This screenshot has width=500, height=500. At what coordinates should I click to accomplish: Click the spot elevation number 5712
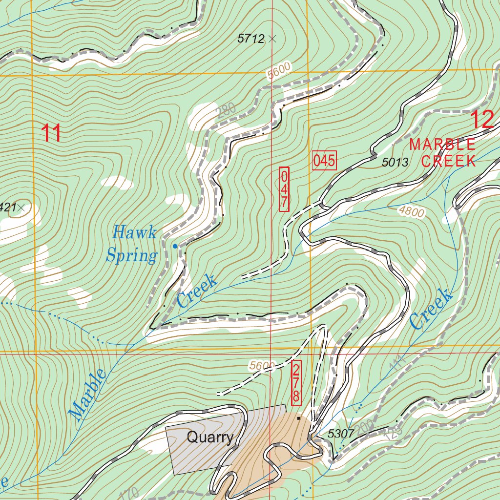(x=250, y=39)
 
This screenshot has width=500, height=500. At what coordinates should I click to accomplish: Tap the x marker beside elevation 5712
(x=272, y=39)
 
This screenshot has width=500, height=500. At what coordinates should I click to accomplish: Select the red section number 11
(x=51, y=133)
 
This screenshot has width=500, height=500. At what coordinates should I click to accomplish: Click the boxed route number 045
(x=324, y=161)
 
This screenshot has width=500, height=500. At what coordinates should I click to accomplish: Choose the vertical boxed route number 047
(x=284, y=189)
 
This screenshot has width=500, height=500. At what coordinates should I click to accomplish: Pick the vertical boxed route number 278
(x=296, y=383)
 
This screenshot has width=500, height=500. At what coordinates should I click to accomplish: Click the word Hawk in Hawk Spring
(x=134, y=232)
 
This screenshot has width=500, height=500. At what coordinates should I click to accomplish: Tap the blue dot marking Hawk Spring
(x=175, y=246)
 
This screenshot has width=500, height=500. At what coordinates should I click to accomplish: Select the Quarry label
(x=210, y=437)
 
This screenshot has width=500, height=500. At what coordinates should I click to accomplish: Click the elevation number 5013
(x=395, y=163)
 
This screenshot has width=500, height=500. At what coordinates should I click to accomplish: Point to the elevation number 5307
(x=340, y=433)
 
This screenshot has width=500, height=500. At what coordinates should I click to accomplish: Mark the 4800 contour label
(x=412, y=211)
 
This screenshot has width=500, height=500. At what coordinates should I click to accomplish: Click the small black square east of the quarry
(x=299, y=418)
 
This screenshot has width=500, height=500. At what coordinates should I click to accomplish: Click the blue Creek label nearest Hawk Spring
(x=197, y=291)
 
